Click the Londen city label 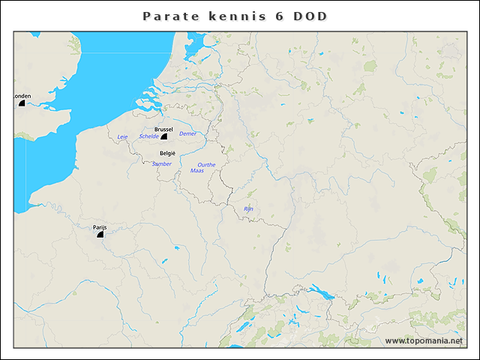(22, 96)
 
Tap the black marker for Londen (22, 103)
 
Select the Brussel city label (163, 129)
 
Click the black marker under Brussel (163, 136)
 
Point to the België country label (168, 153)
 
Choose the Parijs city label (100, 226)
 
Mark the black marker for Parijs (100, 234)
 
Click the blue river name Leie (123, 136)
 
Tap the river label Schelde (148, 136)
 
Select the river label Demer (187, 133)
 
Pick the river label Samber (161, 163)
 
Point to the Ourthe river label (205, 164)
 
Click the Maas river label (196, 171)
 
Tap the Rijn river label (249, 208)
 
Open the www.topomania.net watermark (424, 340)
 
